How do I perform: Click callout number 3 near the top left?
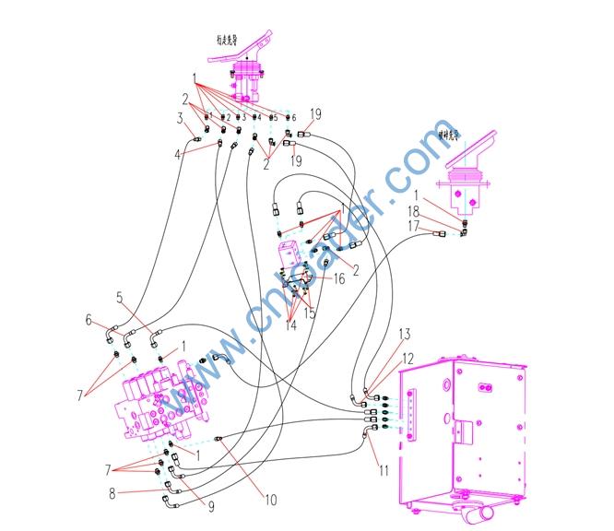[x=181, y=118]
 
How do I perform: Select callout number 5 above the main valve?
[x=120, y=298]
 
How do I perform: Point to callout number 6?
[x=89, y=320]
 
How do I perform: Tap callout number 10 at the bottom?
[x=270, y=501]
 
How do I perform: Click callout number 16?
[x=339, y=277]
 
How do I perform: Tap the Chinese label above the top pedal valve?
[x=227, y=40]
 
